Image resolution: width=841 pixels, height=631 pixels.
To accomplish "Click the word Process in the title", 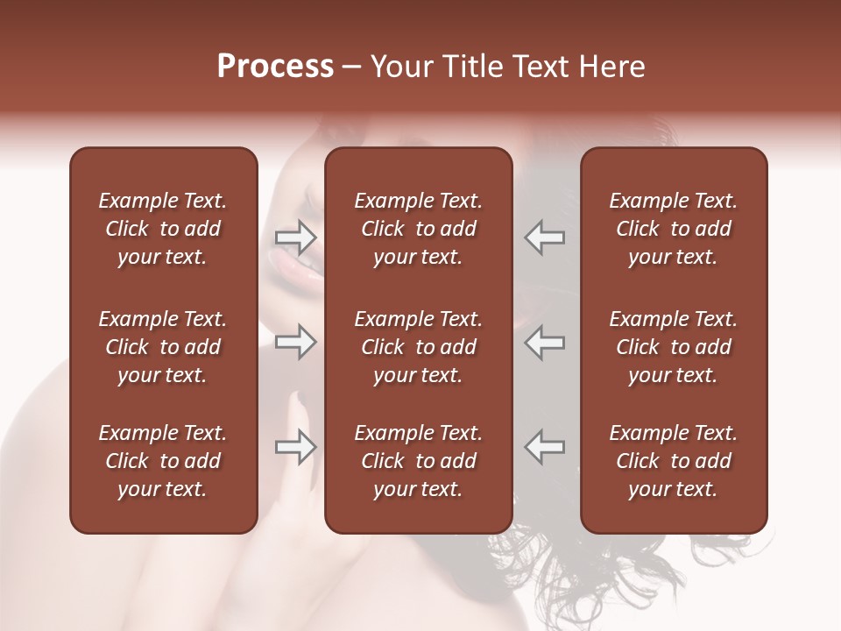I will pyautogui.click(x=275, y=67).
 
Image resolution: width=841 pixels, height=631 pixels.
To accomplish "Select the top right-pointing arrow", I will pyautogui.click(x=296, y=238).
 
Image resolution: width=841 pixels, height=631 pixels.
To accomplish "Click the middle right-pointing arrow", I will pyautogui.click(x=296, y=342).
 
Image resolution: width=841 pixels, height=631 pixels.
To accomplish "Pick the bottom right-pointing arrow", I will pyautogui.click(x=296, y=447).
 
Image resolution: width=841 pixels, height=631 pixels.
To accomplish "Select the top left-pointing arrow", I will pyautogui.click(x=544, y=238).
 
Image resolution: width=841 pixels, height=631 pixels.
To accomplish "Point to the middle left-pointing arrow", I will pyautogui.click(x=544, y=342).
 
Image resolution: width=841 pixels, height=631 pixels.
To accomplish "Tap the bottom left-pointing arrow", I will pyautogui.click(x=544, y=447).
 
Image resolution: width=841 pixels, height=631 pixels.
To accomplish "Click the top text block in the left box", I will pyautogui.click(x=163, y=229).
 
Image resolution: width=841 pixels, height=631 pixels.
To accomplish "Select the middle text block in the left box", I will pyautogui.click(x=163, y=347).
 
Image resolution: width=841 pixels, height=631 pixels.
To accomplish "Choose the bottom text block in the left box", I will pyautogui.click(x=163, y=461).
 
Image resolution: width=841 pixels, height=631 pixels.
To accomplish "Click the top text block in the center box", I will pyautogui.click(x=418, y=229).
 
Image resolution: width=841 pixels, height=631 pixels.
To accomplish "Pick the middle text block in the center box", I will pyautogui.click(x=418, y=347).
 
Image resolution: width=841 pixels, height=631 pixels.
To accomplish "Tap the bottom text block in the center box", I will pyautogui.click(x=418, y=461).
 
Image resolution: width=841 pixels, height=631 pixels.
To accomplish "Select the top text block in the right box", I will pyautogui.click(x=674, y=229).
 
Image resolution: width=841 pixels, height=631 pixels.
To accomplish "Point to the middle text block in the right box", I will pyautogui.click(x=674, y=347).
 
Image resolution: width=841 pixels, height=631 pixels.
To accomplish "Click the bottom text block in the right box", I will pyautogui.click(x=674, y=461).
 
